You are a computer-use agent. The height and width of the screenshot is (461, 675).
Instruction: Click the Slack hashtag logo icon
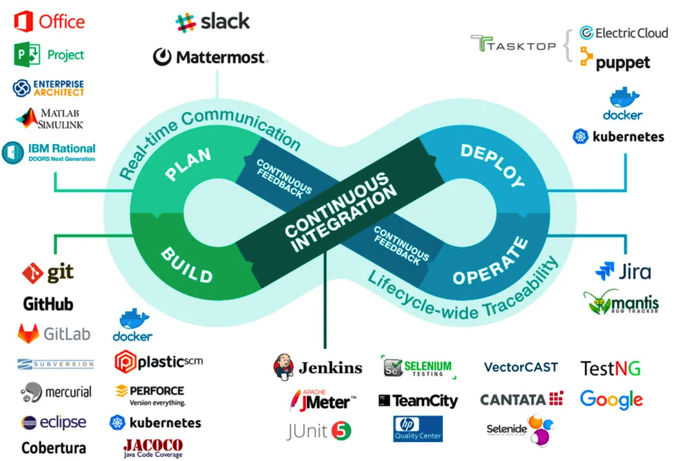(185, 23)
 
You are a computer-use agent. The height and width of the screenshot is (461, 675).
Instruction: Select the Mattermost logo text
(221, 57)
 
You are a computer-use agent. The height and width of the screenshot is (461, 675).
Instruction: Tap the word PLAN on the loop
(188, 164)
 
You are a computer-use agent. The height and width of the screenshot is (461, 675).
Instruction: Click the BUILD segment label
(187, 265)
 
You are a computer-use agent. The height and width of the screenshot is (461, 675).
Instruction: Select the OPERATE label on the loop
(490, 262)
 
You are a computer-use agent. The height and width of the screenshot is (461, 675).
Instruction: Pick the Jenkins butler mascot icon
(284, 367)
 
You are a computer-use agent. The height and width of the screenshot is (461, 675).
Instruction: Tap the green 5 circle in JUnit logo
(341, 431)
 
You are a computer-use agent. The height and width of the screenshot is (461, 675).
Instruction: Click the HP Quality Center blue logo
(418, 429)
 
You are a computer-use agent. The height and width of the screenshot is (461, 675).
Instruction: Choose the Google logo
(611, 400)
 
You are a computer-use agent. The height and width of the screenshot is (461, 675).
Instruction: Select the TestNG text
(610, 368)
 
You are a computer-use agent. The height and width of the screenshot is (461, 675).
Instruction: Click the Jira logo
(623, 271)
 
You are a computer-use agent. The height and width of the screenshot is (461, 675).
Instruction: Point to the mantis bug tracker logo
(621, 302)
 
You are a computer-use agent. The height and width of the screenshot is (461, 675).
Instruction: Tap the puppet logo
(615, 60)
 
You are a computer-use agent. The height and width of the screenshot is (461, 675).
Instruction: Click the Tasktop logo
(513, 45)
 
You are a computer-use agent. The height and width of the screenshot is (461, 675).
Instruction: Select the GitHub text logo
(48, 304)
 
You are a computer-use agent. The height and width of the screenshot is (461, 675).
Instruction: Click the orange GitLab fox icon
(28, 334)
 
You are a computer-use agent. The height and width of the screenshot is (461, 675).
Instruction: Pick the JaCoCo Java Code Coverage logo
(153, 447)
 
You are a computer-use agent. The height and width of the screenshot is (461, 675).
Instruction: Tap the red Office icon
(23, 22)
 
